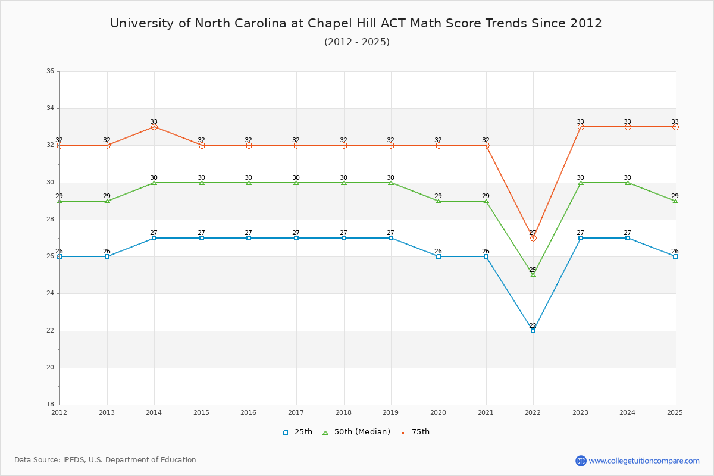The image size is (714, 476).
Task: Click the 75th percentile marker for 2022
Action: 533,238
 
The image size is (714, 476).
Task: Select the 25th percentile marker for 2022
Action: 533,330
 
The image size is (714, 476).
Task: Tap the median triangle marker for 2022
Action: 533,275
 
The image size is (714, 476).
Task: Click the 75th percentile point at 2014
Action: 154,127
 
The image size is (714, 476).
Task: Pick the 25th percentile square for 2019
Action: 391,238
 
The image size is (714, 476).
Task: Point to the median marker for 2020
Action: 439,201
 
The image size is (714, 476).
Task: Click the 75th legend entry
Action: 415,432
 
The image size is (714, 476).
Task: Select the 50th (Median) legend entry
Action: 356,432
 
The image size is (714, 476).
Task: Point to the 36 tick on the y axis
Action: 50,71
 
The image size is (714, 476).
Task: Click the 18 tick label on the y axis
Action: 50,405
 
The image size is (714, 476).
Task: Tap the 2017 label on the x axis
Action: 296,412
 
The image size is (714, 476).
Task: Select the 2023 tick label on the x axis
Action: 580,412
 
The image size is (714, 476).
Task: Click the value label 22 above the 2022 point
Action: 533,325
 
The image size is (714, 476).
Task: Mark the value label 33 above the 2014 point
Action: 154,121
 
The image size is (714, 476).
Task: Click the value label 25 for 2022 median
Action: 533,270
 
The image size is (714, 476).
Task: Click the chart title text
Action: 356,23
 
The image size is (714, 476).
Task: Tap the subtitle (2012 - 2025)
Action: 356,42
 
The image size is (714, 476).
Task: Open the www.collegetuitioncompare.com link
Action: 644,461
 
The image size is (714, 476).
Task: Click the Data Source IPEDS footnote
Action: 105,460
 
